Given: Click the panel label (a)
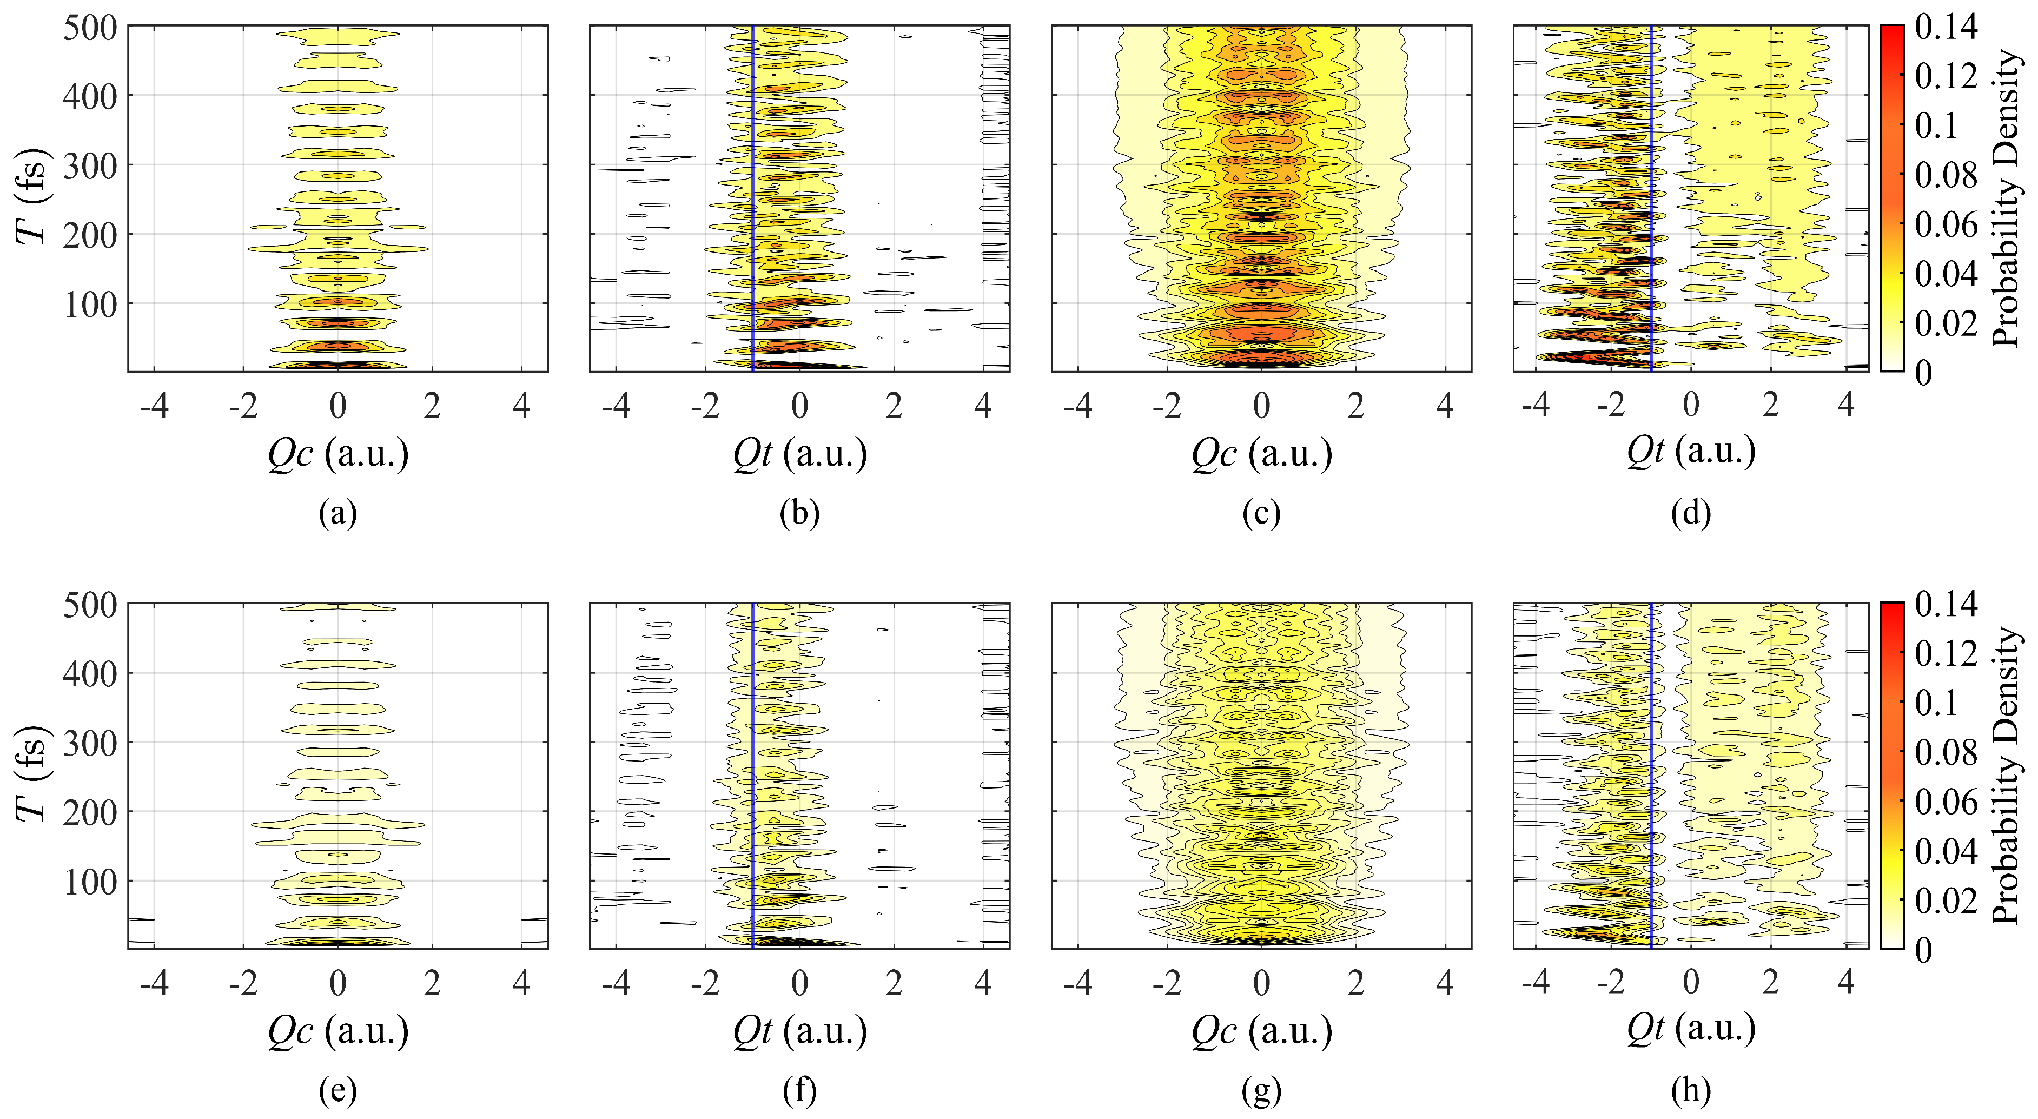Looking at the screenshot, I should [338, 514].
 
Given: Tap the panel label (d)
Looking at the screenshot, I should [1691, 514].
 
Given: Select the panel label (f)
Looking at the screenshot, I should [799, 1091].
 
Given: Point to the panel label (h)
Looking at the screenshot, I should [1691, 1091].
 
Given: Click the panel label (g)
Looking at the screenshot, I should [1261, 1091].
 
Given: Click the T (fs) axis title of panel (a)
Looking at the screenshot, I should [32, 198].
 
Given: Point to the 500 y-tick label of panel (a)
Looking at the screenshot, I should [89, 29].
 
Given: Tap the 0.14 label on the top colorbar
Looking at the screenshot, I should [1946, 27].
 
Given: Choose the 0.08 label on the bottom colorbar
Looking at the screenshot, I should [1946, 753].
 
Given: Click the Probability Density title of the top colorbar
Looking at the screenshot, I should [2006, 198].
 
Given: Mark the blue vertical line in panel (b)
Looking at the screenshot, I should [752, 198].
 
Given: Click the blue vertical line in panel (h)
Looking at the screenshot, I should [1652, 776].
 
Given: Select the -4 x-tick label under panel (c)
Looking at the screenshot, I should [1077, 406].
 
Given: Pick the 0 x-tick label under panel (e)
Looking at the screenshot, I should [338, 984].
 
